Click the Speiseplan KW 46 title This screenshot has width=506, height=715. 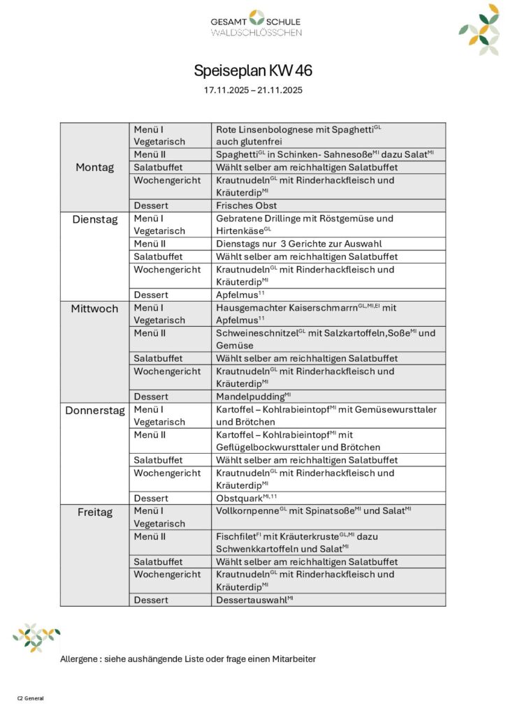click(x=253, y=71)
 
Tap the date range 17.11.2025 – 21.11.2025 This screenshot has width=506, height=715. click(x=253, y=91)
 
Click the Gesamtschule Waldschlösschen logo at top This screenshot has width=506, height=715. click(x=256, y=23)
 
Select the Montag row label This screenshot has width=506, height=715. click(x=94, y=168)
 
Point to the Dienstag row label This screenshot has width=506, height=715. click(x=94, y=219)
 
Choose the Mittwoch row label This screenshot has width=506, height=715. click(x=94, y=308)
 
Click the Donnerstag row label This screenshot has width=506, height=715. click(x=94, y=410)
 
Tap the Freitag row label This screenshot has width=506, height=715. click(x=94, y=512)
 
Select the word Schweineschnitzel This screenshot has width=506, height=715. click(x=256, y=333)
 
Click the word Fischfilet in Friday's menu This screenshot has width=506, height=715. click(x=236, y=537)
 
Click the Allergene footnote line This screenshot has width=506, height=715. click(x=188, y=658)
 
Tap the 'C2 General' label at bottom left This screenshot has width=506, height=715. click(x=30, y=698)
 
